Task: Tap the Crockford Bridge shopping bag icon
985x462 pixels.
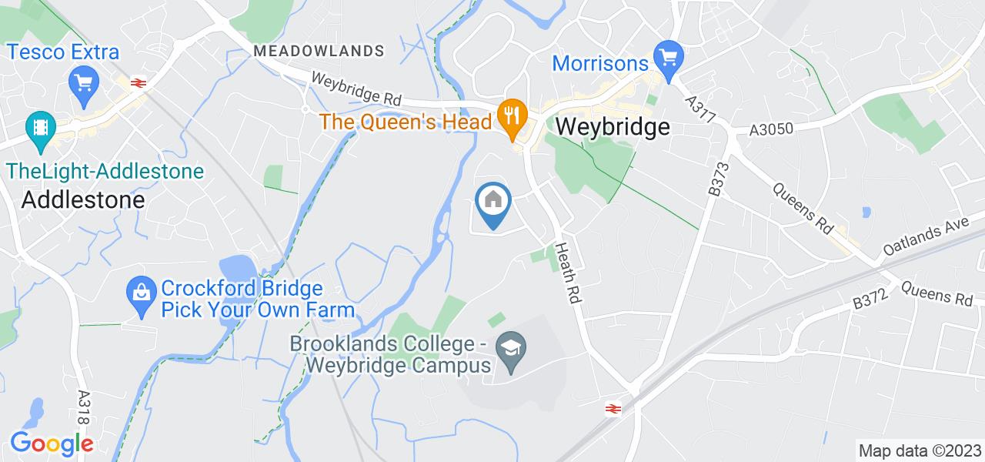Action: (x=142, y=291)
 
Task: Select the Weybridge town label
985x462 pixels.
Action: (x=612, y=127)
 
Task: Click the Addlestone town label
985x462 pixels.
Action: (x=83, y=200)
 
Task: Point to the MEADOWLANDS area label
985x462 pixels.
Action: (x=319, y=51)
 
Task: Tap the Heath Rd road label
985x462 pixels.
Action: (x=566, y=280)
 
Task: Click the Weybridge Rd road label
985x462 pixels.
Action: (x=357, y=89)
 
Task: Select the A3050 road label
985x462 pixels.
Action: (x=771, y=130)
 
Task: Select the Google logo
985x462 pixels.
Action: (x=51, y=444)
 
